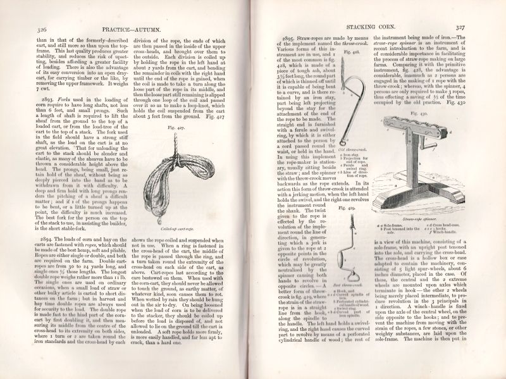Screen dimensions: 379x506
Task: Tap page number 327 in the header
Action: [x=478, y=27]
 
